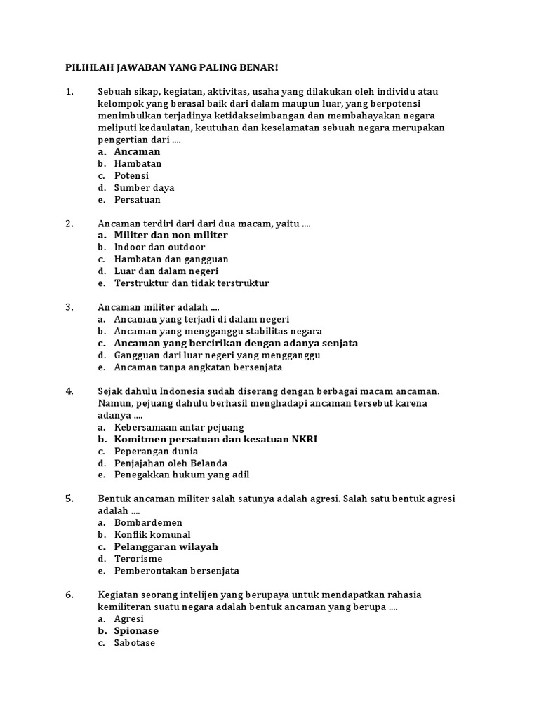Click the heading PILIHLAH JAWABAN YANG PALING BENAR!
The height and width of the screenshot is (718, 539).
coord(171,67)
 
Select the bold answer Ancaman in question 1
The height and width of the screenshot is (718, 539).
coord(137,151)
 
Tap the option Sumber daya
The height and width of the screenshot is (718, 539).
coord(144,188)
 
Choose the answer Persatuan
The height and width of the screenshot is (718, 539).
coord(137,200)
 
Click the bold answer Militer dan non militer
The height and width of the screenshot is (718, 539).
coord(171,235)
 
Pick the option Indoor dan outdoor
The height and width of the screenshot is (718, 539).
coord(159,247)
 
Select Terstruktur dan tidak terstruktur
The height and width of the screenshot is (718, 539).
coord(191,283)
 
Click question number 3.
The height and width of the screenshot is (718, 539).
coord(69,307)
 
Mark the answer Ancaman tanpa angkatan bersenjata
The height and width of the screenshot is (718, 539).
coord(198,367)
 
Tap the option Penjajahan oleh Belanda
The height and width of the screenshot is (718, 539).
coord(171,463)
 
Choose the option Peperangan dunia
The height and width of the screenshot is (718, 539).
coord(156,451)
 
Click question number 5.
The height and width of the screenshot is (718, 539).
coord(69,499)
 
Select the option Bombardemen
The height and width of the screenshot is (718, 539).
coord(148,522)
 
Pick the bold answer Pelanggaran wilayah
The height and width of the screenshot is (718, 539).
coord(166,546)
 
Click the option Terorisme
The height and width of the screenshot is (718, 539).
coord(138,559)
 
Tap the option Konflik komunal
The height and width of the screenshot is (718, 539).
coord(152,534)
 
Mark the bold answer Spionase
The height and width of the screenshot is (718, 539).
coord(136,630)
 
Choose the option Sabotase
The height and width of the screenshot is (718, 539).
coord(135,642)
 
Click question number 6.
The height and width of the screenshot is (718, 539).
coord(69,595)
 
